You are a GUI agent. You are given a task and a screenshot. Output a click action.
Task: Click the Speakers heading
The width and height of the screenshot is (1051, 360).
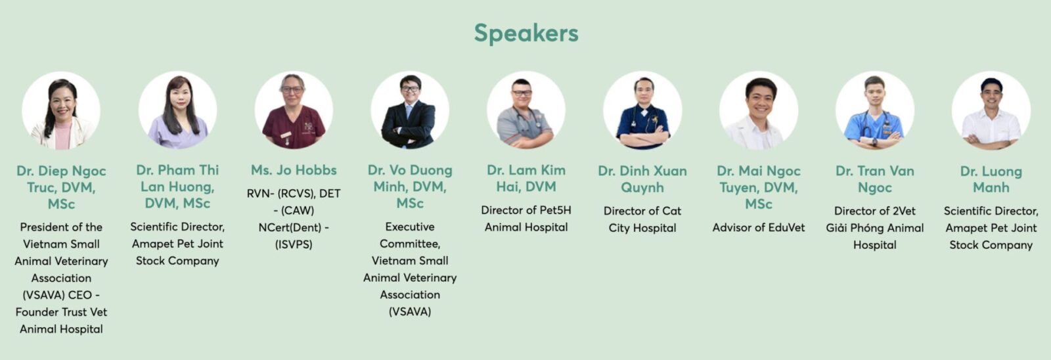(x=526, y=34)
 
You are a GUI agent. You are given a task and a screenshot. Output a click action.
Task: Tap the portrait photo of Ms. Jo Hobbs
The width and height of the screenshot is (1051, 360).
(x=294, y=110)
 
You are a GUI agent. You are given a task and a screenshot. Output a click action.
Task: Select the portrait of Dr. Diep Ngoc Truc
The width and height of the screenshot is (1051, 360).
(x=61, y=110)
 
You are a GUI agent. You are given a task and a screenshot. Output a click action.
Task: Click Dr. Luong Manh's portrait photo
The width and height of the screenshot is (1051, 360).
(x=991, y=110)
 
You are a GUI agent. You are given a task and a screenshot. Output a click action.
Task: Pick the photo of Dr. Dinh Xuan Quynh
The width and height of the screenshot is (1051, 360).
(x=642, y=110)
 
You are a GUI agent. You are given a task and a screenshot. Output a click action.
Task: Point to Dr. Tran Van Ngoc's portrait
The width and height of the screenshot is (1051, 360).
(x=874, y=110)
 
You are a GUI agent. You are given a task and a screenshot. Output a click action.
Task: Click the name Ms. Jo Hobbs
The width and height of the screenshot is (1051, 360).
(x=294, y=170)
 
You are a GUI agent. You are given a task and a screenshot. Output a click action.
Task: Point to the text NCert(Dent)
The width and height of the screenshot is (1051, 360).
(x=289, y=227)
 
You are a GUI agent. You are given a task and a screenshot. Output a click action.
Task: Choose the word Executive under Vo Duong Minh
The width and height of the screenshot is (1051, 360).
(x=410, y=227)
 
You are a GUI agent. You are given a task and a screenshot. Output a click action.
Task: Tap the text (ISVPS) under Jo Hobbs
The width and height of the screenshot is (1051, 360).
(x=294, y=244)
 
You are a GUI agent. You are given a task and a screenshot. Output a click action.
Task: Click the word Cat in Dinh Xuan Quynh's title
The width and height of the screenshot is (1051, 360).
(x=671, y=211)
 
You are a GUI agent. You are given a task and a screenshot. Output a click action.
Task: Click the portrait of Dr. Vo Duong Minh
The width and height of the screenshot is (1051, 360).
(x=410, y=110)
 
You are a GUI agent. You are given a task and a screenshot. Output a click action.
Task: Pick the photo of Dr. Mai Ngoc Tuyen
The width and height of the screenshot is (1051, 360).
(x=759, y=110)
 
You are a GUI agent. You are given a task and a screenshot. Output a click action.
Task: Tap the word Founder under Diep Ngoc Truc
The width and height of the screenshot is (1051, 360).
(x=35, y=312)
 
